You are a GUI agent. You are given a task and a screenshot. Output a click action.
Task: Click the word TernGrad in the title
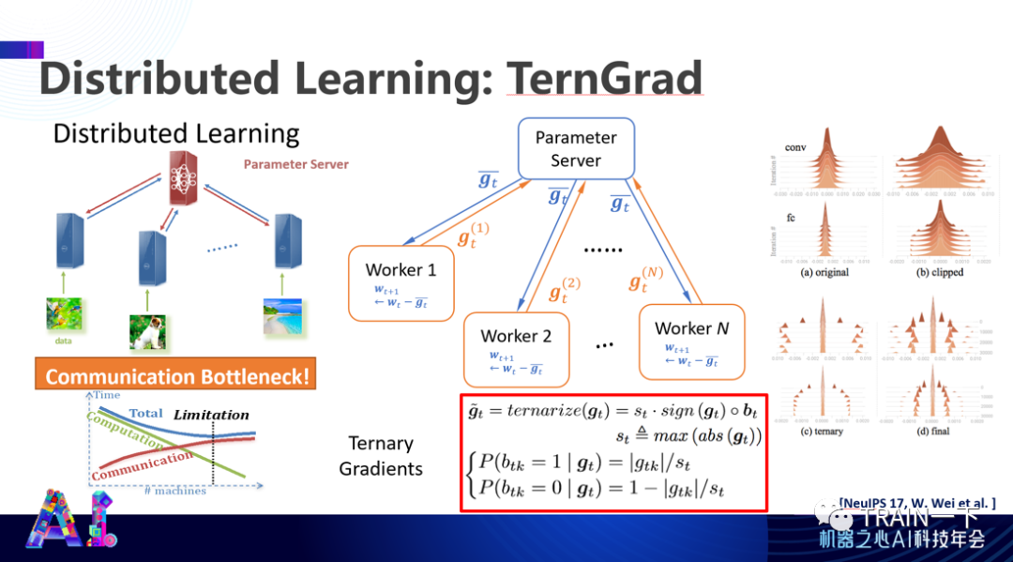(x=604, y=79)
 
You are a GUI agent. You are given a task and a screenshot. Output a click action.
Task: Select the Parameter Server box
(x=575, y=148)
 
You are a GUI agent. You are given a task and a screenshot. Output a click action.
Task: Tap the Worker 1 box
(x=401, y=282)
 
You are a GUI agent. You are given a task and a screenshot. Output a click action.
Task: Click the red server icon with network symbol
(x=185, y=177)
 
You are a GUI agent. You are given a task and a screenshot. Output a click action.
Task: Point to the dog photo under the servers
(x=147, y=330)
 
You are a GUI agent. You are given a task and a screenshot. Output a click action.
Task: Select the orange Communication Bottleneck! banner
(x=175, y=377)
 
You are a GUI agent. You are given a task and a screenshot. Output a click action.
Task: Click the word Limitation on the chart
(x=212, y=414)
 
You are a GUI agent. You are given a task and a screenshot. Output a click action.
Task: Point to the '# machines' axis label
(x=176, y=491)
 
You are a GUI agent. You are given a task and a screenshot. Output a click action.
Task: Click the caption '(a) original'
(x=824, y=272)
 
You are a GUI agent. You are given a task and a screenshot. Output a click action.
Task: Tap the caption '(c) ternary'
(x=823, y=431)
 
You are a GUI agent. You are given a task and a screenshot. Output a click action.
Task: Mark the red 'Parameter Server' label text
(x=295, y=164)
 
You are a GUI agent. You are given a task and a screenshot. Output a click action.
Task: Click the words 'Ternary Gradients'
(x=381, y=455)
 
